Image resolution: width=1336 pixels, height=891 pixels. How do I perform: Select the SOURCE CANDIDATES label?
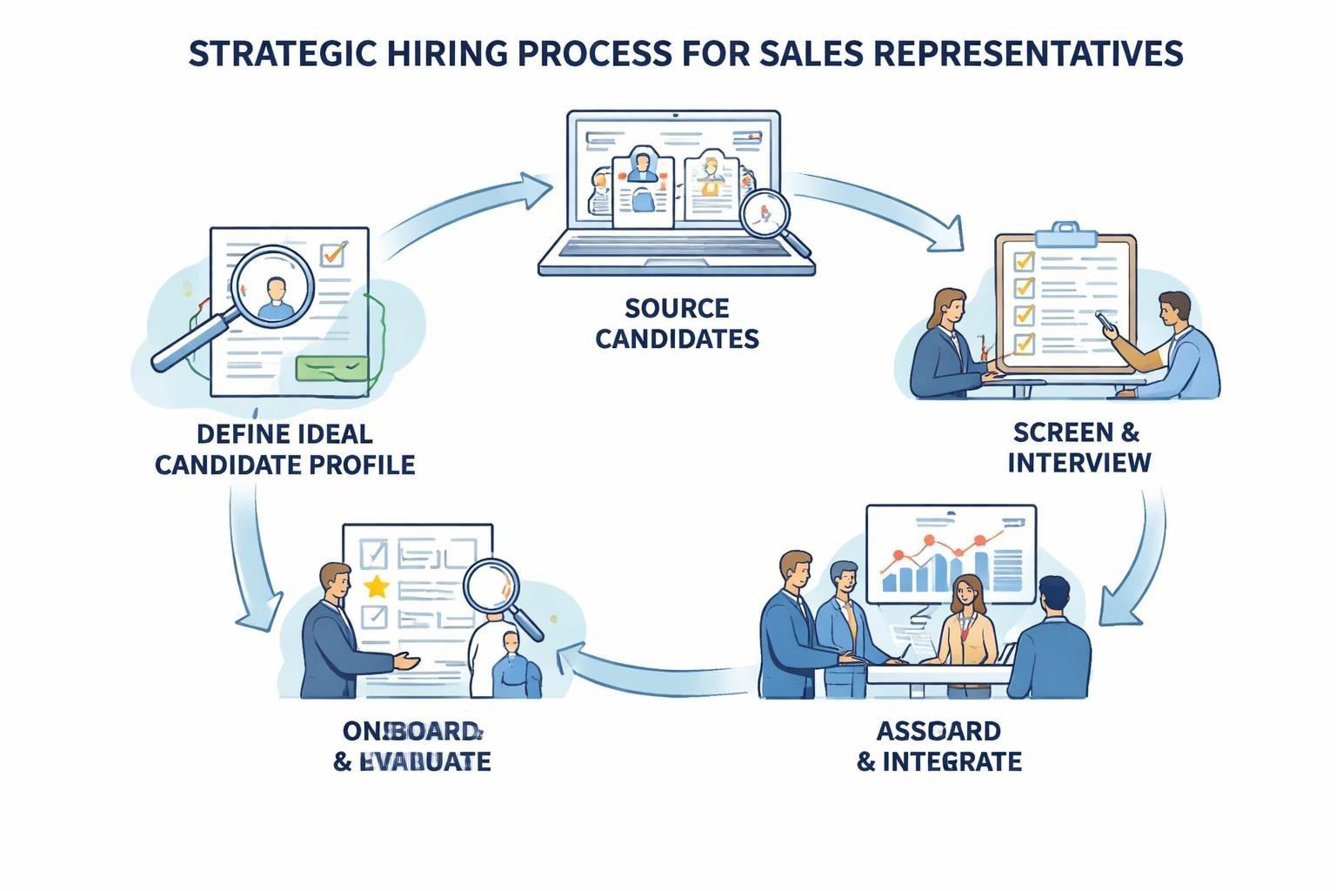677,323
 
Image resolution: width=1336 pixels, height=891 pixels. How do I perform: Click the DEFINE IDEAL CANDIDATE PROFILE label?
284,448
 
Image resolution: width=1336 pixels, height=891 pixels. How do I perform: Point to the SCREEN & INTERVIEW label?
1079,446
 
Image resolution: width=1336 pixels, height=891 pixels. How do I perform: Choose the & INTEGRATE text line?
939,761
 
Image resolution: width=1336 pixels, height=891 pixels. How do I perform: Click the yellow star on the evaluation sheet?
377,586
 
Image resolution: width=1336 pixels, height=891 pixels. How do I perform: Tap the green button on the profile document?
331,368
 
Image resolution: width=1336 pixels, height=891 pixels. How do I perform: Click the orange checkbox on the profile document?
333,253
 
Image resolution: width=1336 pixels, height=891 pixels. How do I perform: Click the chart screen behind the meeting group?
951,553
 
